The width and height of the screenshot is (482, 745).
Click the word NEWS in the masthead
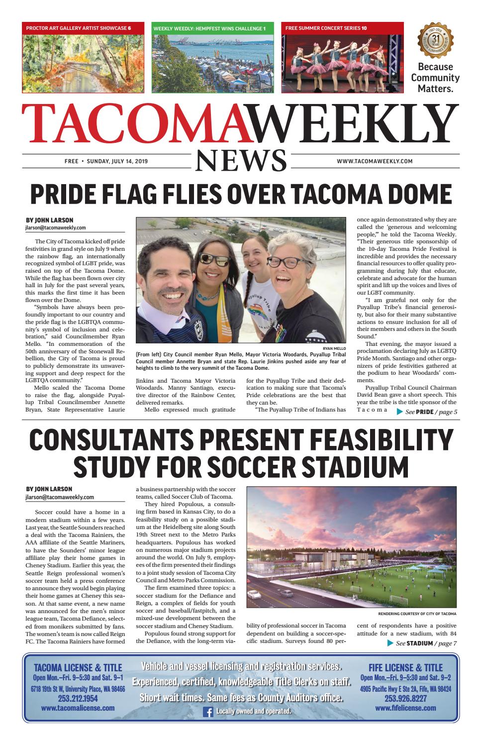click(241, 161)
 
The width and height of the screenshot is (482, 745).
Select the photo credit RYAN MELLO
click(334, 349)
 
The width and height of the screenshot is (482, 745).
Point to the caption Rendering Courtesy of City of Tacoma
click(417, 614)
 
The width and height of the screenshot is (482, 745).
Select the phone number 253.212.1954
click(78, 698)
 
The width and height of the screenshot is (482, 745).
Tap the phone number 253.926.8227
click(405, 698)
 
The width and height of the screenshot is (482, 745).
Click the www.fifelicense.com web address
click(405, 708)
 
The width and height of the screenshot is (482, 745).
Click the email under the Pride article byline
click(55, 228)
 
